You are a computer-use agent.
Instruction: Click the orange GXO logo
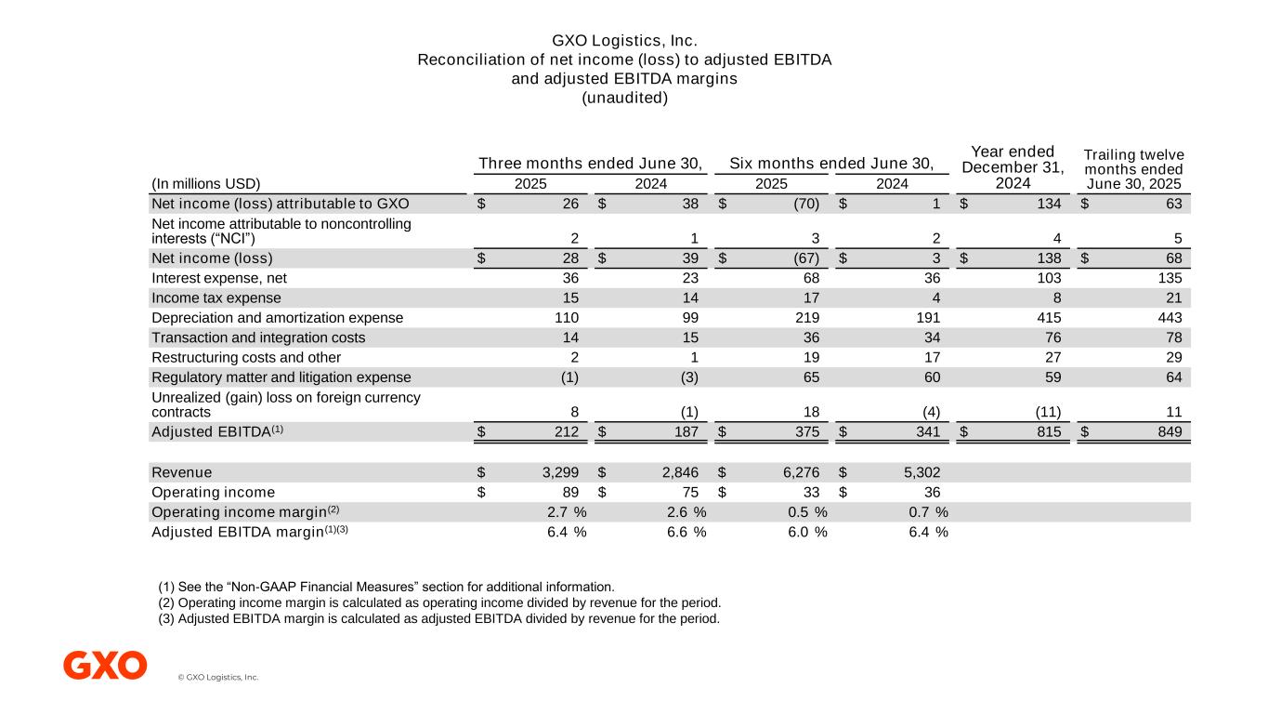[x=105, y=666]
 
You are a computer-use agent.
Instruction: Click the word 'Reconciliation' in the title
[x=464, y=60]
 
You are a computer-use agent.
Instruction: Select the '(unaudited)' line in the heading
[x=624, y=98]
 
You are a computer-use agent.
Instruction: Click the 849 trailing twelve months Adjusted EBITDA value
[x=1166, y=431]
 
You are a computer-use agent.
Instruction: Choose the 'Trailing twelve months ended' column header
[x=1134, y=162]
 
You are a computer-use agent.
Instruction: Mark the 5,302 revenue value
[x=922, y=472]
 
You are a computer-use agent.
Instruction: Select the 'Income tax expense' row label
[x=216, y=298]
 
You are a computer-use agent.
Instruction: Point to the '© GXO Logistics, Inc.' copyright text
[x=218, y=678]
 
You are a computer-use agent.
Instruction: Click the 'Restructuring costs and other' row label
[x=246, y=357]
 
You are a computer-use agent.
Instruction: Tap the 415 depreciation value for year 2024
[x=1049, y=318]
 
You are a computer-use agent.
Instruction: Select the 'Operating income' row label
[x=213, y=492]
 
